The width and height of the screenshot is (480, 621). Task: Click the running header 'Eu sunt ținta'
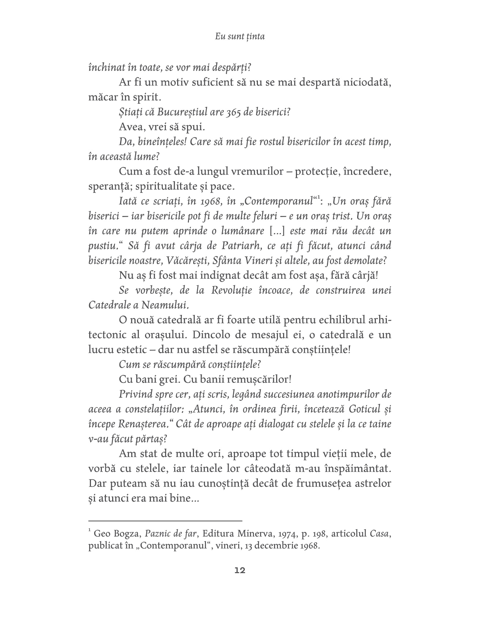tap(240, 37)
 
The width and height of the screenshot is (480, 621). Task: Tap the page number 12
tap(240, 571)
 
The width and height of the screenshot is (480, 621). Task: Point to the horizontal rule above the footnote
tap(165, 520)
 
